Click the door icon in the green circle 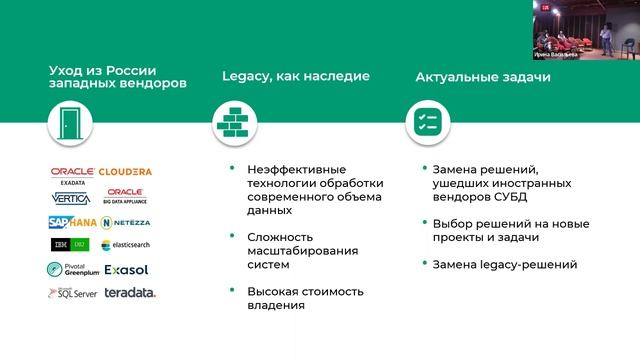pos(69,123)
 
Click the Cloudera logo pos(126,172)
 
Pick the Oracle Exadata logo pos(71,174)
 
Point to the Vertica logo pos(71,198)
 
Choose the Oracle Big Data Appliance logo pos(126,195)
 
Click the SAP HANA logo pos(71,221)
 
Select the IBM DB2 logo pos(71,245)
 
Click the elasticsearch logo pos(127,245)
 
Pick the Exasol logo pos(126,269)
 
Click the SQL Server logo pos(71,293)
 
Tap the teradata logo pos(127,293)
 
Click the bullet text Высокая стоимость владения pos(306,298)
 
